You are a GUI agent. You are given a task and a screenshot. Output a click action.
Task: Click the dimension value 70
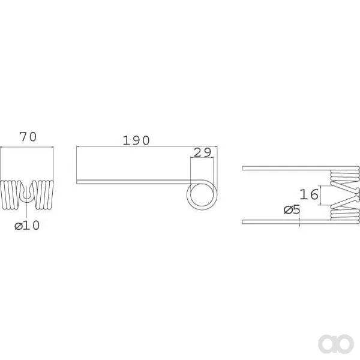[x=28, y=137]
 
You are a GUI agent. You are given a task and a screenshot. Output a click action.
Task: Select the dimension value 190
[x=136, y=140]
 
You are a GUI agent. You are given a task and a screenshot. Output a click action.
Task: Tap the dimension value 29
[x=202, y=152]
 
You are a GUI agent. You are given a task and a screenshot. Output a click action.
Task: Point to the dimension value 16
[x=309, y=194]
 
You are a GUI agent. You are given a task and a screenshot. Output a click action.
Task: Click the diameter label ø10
[x=27, y=226]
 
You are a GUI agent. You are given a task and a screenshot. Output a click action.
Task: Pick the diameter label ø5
[x=292, y=209]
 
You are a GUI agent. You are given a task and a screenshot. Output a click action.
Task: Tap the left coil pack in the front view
[x=10, y=194]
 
